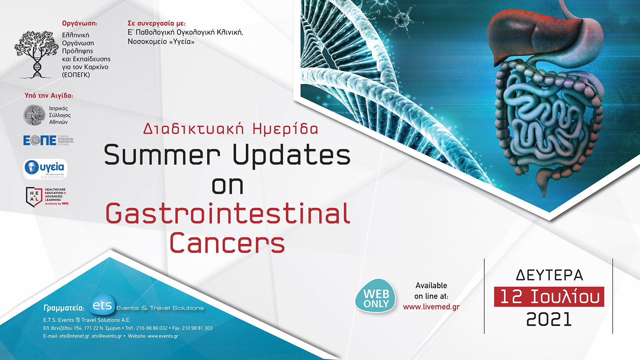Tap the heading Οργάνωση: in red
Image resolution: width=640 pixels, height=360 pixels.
pyautogui.click(x=80, y=23)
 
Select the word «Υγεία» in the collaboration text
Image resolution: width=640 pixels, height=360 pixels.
pyautogui.click(x=182, y=42)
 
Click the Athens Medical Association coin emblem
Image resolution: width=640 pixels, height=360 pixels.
pyautogui.click(x=34, y=115)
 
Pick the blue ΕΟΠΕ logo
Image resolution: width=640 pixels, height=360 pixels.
pyautogui.click(x=40, y=140)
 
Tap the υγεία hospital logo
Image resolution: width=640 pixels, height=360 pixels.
pyautogui.click(x=45, y=169)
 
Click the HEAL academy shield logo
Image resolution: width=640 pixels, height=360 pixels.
pyautogui.click(x=34, y=197)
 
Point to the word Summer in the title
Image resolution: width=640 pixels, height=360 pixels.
pyautogui.click(x=162, y=155)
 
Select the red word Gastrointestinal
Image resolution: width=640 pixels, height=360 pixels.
pyautogui.click(x=228, y=214)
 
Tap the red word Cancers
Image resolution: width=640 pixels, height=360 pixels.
pyautogui.click(x=227, y=243)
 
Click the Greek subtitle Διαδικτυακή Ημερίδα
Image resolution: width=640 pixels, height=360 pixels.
pyautogui.click(x=231, y=129)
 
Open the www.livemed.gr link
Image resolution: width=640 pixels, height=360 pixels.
pyautogui.click(x=431, y=307)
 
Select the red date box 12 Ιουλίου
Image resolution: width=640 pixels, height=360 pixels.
pyautogui.click(x=549, y=297)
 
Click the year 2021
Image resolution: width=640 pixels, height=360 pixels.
pyautogui.click(x=549, y=319)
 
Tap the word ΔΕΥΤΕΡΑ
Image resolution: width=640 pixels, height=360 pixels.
pyautogui.click(x=549, y=275)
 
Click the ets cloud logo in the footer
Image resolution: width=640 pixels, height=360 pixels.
pyautogui.click(x=102, y=305)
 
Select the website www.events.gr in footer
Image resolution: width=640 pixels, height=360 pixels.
pyautogui.click(x=163, y=336)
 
